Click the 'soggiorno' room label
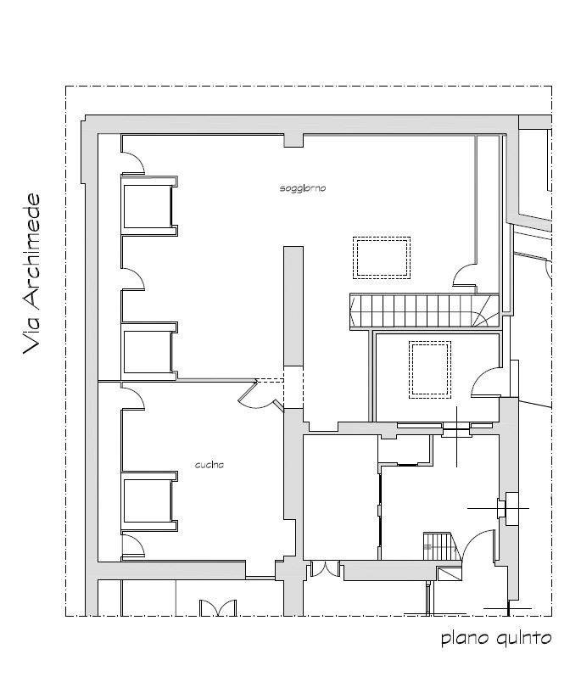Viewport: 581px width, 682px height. tap(303, 189)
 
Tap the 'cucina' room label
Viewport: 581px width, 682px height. tap(209, 465)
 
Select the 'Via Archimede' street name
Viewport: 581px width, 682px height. tap(31, 274)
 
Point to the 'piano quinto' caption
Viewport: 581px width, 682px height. tap(496, 639)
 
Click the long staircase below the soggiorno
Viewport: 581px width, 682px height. tap(424, 310)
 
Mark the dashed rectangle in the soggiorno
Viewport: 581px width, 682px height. tap(382, 258)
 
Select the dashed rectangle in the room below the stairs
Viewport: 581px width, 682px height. tap(430, 370)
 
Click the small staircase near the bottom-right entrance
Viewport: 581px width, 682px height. tap(441, 546)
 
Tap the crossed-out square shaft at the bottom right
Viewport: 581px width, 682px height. tap(449, 574)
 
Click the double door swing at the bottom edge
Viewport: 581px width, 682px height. tap(217, 607)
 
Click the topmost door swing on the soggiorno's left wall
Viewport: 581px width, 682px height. tap(132, 162)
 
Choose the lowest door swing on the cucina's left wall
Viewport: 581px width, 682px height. tap(132, 546)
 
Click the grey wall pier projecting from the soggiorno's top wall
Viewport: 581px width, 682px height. tap(293, 140)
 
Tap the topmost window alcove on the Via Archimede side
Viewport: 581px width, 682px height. tap(149, 206)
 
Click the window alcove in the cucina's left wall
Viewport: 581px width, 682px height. tap(149, 500)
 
